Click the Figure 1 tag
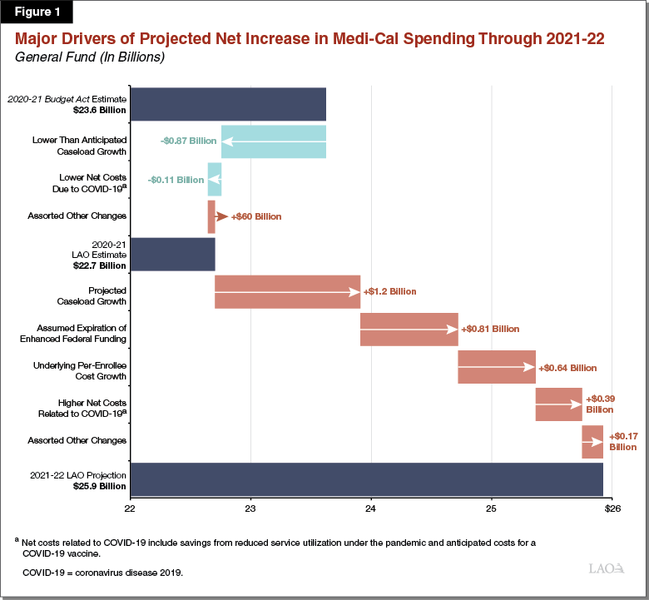coord(37,12)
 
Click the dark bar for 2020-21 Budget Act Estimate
coord(228,104)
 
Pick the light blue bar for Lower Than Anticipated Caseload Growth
coord(274,141)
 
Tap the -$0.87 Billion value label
coord(188,141)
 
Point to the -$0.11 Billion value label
coord(175,179)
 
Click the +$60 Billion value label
coord(256,216)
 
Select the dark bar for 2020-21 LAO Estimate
coord(173,254)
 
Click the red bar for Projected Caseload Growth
coord(287,291)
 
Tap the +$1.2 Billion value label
coord(389,292)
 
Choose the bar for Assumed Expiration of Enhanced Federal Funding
coord(409,329)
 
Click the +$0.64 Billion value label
coord(567,367)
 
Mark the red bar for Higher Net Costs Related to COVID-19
coord(558,404)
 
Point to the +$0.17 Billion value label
coord(622,441)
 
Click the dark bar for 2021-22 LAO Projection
coord(367,479)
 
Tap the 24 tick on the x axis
coord(371,507)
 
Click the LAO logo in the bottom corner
coord(605,568)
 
